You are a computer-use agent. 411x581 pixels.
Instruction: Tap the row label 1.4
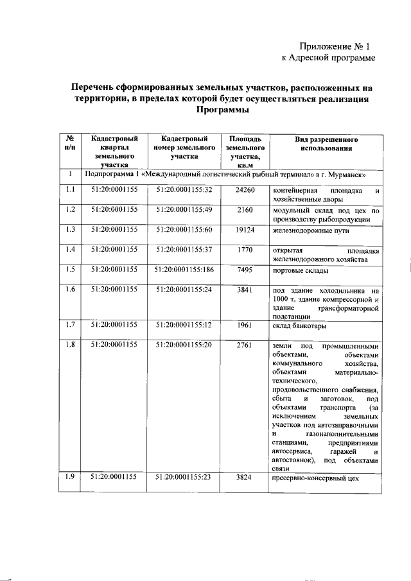71,249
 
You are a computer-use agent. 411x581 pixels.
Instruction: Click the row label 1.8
71,345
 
